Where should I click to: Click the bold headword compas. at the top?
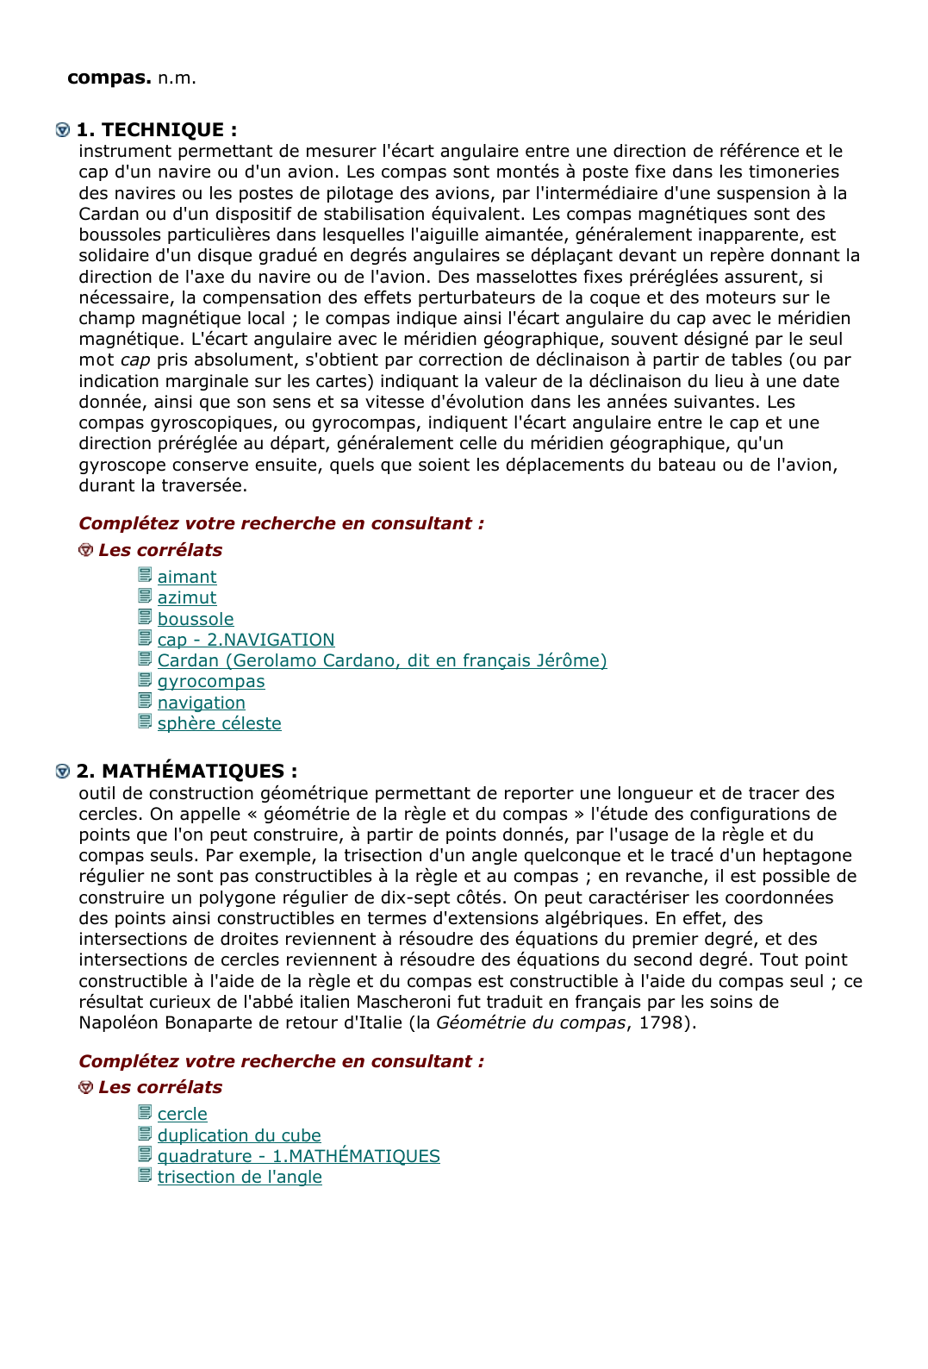[x=109, y=78]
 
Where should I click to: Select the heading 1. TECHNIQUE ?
[x=156, y=130]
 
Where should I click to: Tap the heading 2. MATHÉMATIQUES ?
[x=186, y=772]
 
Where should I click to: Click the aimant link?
[x=187, y=578]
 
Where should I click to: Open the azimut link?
[x=187, y=598]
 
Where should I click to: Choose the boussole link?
[x=196, y=619]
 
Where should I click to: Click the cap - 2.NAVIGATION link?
[x=246, y=640]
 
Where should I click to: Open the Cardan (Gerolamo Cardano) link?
[x=382, y=660]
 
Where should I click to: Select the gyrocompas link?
[x=211, y=682]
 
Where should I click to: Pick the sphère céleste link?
[x=219, y=723]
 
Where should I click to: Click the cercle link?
[x=182, y=1115]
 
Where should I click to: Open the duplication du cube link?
[x=239, y=1135]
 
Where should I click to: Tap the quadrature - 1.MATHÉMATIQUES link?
[x=298, y=1156]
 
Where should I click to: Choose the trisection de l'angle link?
[x=240, y=1178]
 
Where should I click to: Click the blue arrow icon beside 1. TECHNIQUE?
[x=63, y=130]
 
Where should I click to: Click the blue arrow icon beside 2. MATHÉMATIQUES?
[x=63, y=772]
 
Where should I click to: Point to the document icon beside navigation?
[x=145, y=702]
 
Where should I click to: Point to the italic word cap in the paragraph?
[x=135, y=360]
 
